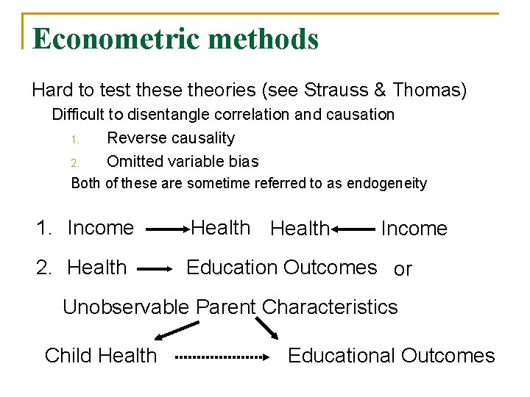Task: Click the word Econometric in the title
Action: pyautogui.click(x=110, y=39)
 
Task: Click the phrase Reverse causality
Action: pyautogui.click(x=171, y=138)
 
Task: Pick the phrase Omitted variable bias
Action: pyautogui.click(x=183, y=161)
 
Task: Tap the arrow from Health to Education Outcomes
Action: pyautogui.click(x=154, y=270)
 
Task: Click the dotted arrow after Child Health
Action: pyautogui.click(x=223, y=357)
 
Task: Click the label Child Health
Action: pyautogui.click(x=101, y=356)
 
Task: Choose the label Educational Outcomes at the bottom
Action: pyautogui.click(x=391, y=356)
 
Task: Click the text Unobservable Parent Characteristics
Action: pyautogui.click(x=230, y=307)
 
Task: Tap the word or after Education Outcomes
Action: pyautogui.click(x=403, y=270)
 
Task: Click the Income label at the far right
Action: pyautogui.click(x=414, y=229)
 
